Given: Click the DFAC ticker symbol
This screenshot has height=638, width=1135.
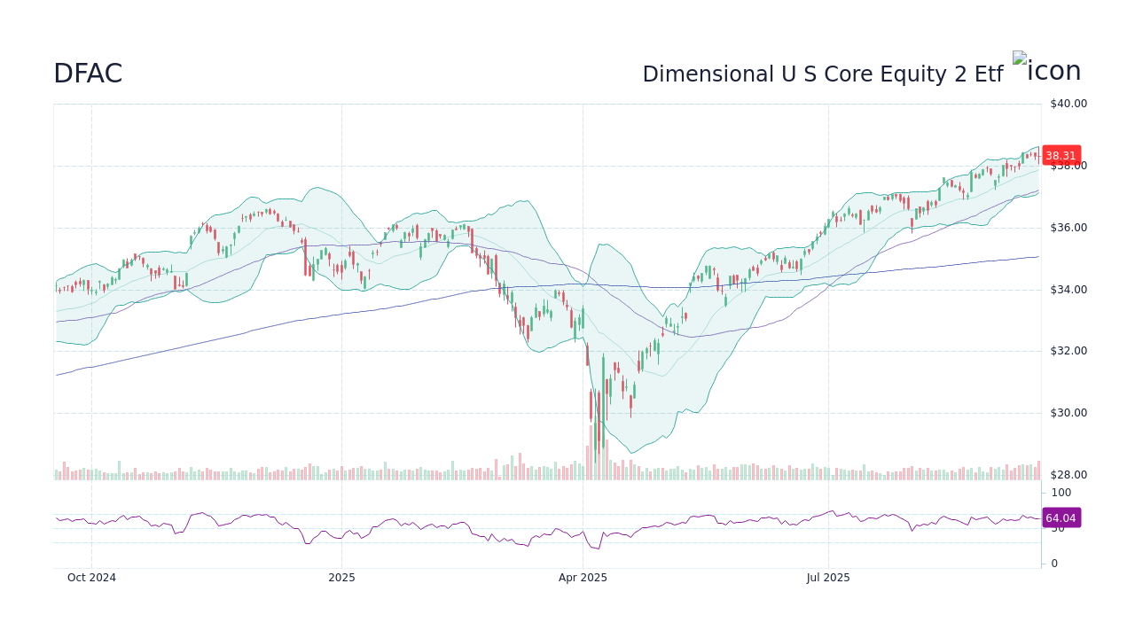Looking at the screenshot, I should [88, 74].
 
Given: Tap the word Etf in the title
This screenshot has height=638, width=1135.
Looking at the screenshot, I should [988, 74].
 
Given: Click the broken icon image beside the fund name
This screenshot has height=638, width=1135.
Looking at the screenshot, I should [1020, 58].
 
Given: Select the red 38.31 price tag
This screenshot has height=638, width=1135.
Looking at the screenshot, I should [1061, 155].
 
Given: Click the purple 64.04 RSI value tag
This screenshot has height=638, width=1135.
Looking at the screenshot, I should [1061, 518].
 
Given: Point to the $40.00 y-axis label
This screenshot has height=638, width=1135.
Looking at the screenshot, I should [1068, 104].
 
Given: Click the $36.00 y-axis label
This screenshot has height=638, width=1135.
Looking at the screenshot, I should [1068, 228].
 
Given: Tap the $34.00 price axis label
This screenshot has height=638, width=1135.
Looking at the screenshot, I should [1068, 290].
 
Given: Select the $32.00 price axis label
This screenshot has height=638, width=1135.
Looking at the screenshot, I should [1068, 351].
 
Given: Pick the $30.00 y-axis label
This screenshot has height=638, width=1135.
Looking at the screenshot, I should [1068, 413].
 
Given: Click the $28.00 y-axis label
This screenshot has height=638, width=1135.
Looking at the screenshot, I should [1068, 475].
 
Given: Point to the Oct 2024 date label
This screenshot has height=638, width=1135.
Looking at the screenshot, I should [92, 578].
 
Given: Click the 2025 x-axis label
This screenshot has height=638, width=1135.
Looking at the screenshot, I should [341, 578].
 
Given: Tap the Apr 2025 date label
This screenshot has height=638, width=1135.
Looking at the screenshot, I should [583, 578].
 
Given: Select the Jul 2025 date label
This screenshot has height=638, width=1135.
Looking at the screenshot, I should [828, 578].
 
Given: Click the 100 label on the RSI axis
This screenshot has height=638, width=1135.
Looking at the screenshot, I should [1061, 493].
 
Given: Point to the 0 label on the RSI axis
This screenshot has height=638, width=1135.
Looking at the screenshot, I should [1054, 564].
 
